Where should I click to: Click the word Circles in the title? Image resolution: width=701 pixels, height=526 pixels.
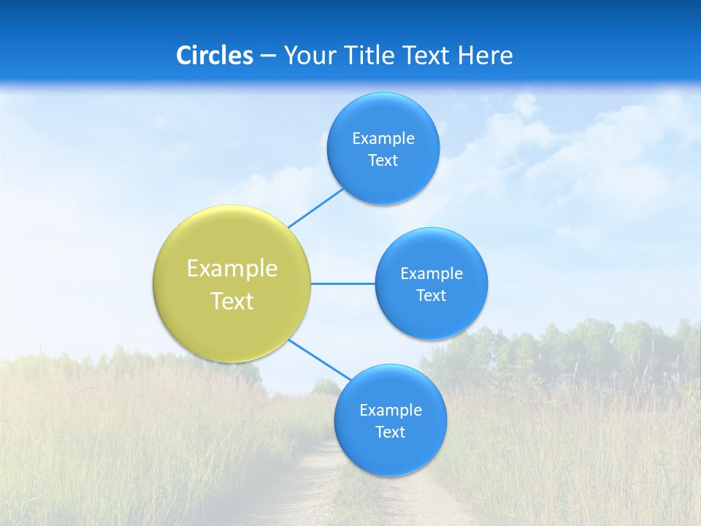point(214,55)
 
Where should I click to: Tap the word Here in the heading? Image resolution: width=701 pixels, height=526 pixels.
point(485,55)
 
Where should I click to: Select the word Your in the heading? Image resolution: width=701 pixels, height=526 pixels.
point(308,55)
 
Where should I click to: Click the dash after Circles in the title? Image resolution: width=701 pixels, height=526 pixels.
point(267,56)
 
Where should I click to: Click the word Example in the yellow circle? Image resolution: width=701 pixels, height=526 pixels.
point(232,268)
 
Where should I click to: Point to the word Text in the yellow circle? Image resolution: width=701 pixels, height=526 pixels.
point(232,301)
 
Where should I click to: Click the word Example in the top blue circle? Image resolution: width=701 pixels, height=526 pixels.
point(383,138)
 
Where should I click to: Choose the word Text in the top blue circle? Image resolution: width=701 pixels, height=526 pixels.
point(383,160)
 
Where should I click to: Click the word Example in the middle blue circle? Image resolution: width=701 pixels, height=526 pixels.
point(432,273)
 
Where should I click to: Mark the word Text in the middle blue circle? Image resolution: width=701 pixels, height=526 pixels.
point(432,295)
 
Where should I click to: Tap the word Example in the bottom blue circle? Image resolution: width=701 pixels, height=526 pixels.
point(391,410)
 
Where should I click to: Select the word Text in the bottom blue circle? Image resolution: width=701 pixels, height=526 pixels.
point(391,432)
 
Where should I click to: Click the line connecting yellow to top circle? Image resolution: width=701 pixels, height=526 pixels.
point(315,208)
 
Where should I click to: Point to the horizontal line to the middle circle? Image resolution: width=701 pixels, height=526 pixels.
point(343,283)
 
